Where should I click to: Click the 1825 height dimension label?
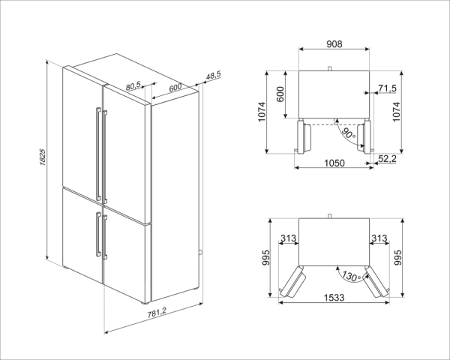pyautogui.click(x=42, y=157)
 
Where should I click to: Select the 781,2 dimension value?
pyautogui.click(x=157, y=313)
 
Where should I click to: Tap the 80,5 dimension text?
pyautogui.click(x=133, y=85)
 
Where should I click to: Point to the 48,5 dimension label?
pyautogui.click(x=214, y=76)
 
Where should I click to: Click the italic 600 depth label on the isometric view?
pyautogui.click(x=175, y=87)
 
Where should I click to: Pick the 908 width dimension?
pyautogui.click(x=334, y=44)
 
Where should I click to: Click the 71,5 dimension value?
pyautogui.click(x=387, y=88)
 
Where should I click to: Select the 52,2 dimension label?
pyautogui.click(x=387, y=158)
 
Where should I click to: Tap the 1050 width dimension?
pyautogui.click(x=334, y=163)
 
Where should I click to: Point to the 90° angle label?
pyautogui.click(x=349, y=133)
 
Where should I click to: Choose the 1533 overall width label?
pyautogui.click(x=334, y=298)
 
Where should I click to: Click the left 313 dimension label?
pyautogui.click(x=289, y=238)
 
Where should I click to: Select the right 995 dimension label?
pyautogui.click(x=397, y=257)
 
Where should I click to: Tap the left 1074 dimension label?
pyautogui.click(x=262, y=112)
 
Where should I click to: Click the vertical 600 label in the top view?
pyautogui.click(x=280, y=94)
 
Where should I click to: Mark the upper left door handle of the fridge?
pyautogui.click(x=98, y=154)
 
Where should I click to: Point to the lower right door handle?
pyautogui.click(x=105, y=237)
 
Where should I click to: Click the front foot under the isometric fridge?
pyautogui.click(x=144, y=302)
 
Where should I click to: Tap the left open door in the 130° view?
pyautogui.click(x=292, y=281)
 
